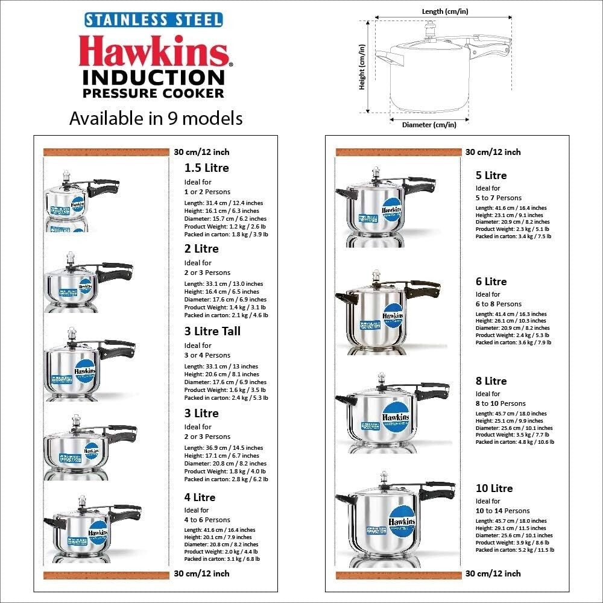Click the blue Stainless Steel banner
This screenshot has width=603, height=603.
pyautogui.click(x=153, y=19)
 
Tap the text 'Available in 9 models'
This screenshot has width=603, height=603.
pyautogui.click(x=156, y=118)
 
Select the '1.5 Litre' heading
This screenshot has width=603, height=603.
pyautogui.click(x=207, y=168)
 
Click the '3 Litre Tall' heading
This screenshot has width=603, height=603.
pyautogui.click(x=212, y=331)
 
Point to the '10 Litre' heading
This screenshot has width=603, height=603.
pyautogui.click(x=494, y=488)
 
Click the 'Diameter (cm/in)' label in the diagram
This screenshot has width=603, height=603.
pyautogui.click(x=429, y=125)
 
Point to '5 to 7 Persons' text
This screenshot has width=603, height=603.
pyautogui.click(x=499, y=198)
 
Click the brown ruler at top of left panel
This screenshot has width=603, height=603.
pyautogui.click(x=106, y=152)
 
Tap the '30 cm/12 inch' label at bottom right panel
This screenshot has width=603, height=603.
pyautogui.click(x=493, y=573)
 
